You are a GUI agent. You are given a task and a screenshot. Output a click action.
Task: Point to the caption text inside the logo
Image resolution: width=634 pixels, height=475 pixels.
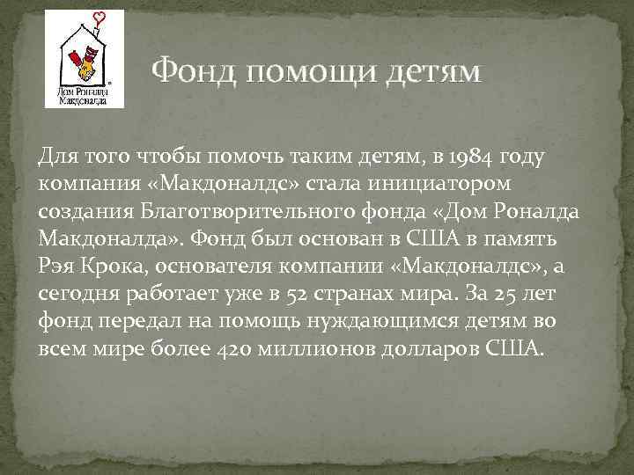84,95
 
